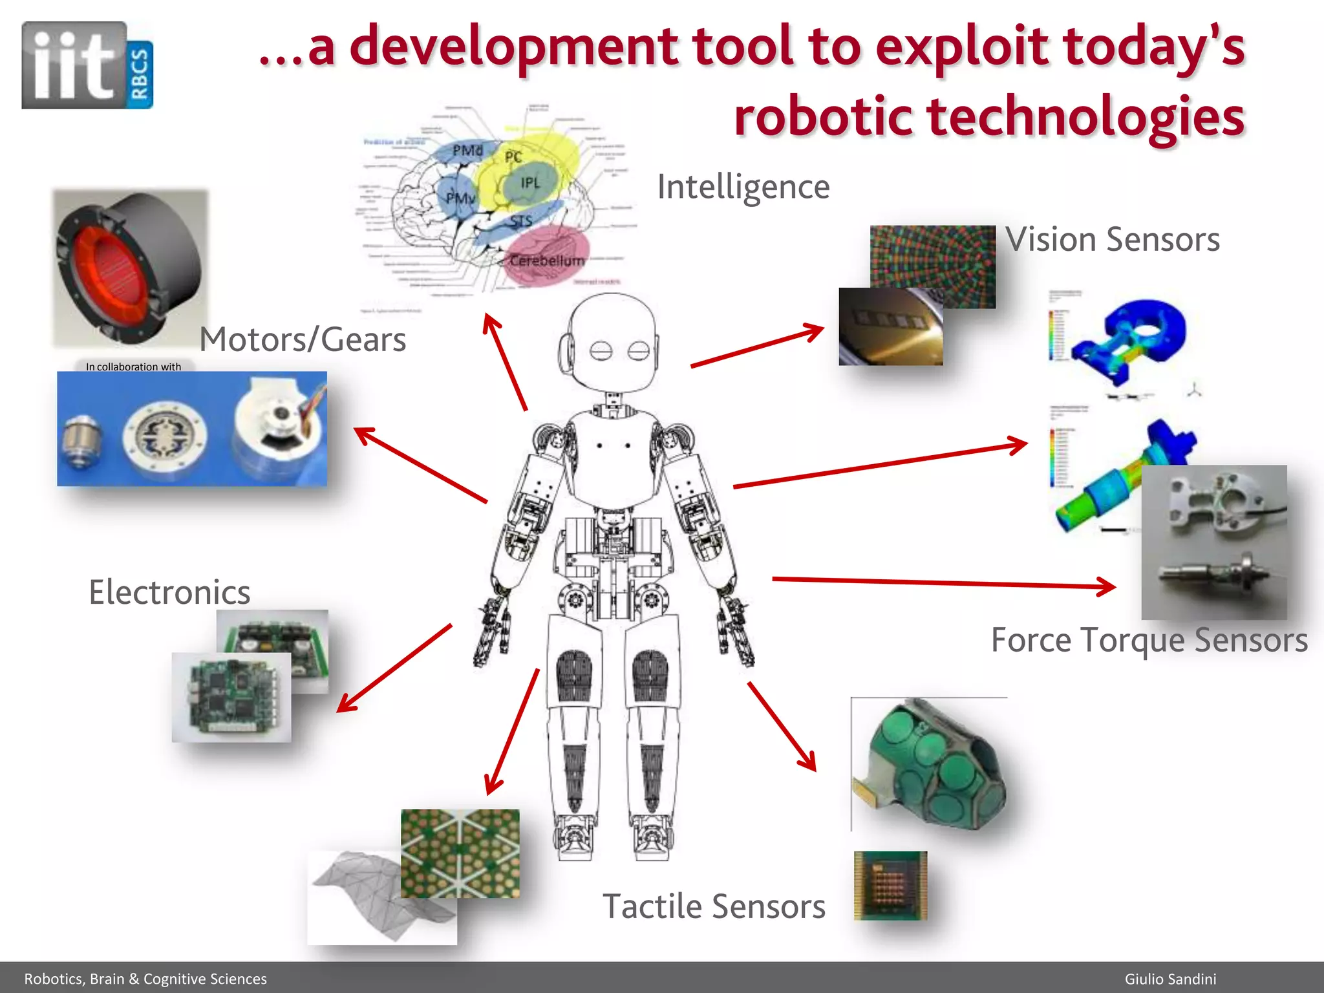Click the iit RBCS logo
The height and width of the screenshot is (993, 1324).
pos(87,65)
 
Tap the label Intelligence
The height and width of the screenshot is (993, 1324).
pos(743,187)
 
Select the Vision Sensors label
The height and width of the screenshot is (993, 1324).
pos(1112,240)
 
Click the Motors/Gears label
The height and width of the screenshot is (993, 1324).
pos(303,339)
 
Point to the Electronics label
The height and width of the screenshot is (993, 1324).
pos(169,592)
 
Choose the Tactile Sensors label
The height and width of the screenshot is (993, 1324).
pos(714,906)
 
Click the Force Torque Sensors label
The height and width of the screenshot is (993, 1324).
pos(1149,640)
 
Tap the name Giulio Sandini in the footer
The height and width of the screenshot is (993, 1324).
pos(1170,979)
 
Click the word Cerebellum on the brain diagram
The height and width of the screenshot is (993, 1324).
pos(547,261)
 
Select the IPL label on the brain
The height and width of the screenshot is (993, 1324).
pos(530,183)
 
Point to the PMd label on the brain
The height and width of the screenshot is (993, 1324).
pos(467,151)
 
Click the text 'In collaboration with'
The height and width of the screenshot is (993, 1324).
pos(133,367)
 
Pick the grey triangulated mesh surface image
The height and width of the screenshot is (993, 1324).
pos(362,899)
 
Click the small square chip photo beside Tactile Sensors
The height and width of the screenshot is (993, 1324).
pos(890,885)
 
